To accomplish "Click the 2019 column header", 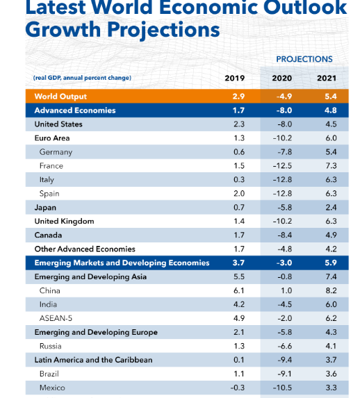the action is [234, 78].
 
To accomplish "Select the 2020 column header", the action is [281, 78].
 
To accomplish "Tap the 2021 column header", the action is [327, 78].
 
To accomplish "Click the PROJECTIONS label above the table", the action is [304, 59].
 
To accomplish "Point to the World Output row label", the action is [60, 97].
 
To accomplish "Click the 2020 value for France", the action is [282, 166].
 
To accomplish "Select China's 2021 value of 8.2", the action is [331, 290].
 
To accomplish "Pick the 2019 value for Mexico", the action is [237, 388].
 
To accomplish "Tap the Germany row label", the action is [56, 152].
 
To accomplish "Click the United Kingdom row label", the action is [64, 222].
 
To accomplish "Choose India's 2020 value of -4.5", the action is [284, 304].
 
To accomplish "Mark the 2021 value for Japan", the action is [331, 208].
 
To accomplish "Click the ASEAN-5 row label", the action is [56, 318].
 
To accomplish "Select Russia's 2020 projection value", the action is [284, 346].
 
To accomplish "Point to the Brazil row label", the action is [49, 374].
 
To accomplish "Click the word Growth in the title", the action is [63, 29].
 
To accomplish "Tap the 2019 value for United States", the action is [239, 124].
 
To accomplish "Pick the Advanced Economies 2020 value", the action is [284, 110].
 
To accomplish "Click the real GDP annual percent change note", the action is [82, 78].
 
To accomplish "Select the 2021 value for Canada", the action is [331, 235].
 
